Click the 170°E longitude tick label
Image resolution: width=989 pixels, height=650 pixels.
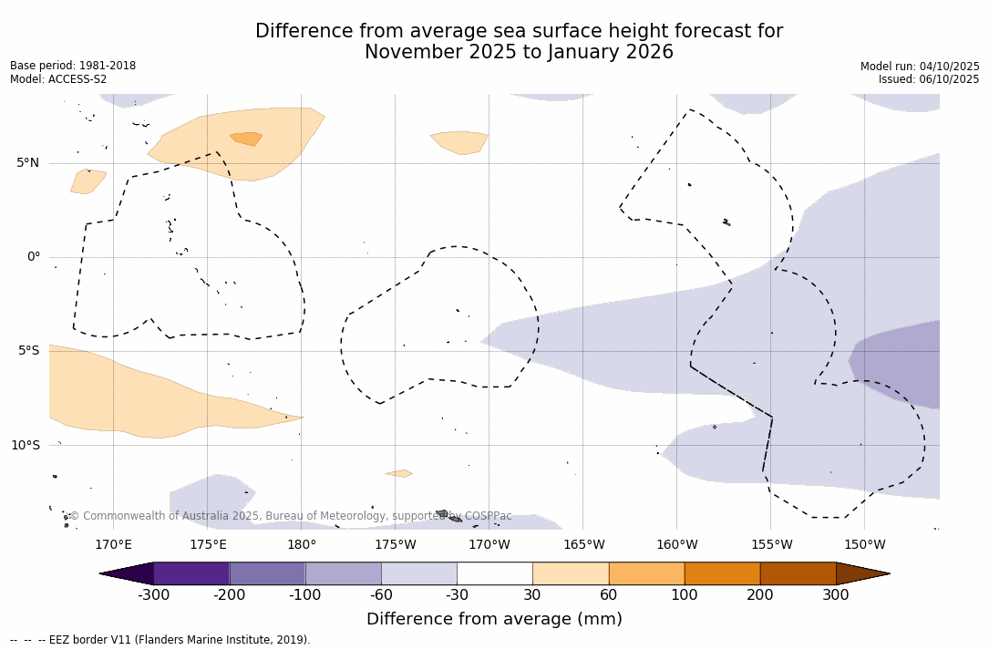(113, 545)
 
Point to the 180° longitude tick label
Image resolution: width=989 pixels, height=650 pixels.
(301, 545)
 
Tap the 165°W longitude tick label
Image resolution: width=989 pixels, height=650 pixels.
(583, 545)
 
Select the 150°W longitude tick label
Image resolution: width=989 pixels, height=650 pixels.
(864, 545)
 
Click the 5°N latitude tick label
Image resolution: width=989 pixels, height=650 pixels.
(27, 163)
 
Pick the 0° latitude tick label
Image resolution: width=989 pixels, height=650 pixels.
(34, 257)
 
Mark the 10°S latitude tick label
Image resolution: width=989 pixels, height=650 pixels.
(26, 446)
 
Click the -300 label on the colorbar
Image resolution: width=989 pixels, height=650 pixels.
(153, 595)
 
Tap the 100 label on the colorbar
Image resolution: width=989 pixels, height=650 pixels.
(684, 595)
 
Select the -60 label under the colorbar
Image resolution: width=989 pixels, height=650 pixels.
(381, 595)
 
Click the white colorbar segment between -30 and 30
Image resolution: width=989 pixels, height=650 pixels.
(494, 573)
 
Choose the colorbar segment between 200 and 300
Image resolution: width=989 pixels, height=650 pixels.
(798, 573)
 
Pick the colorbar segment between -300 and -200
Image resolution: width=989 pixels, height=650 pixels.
(191, 573)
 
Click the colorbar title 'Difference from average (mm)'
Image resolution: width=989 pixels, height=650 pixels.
(494, 620)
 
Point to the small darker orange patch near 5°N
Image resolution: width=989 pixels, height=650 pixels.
(246, 139)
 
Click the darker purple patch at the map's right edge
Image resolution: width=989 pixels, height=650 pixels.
(898, 362)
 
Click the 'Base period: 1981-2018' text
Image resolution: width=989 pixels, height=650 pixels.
(73, 66)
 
